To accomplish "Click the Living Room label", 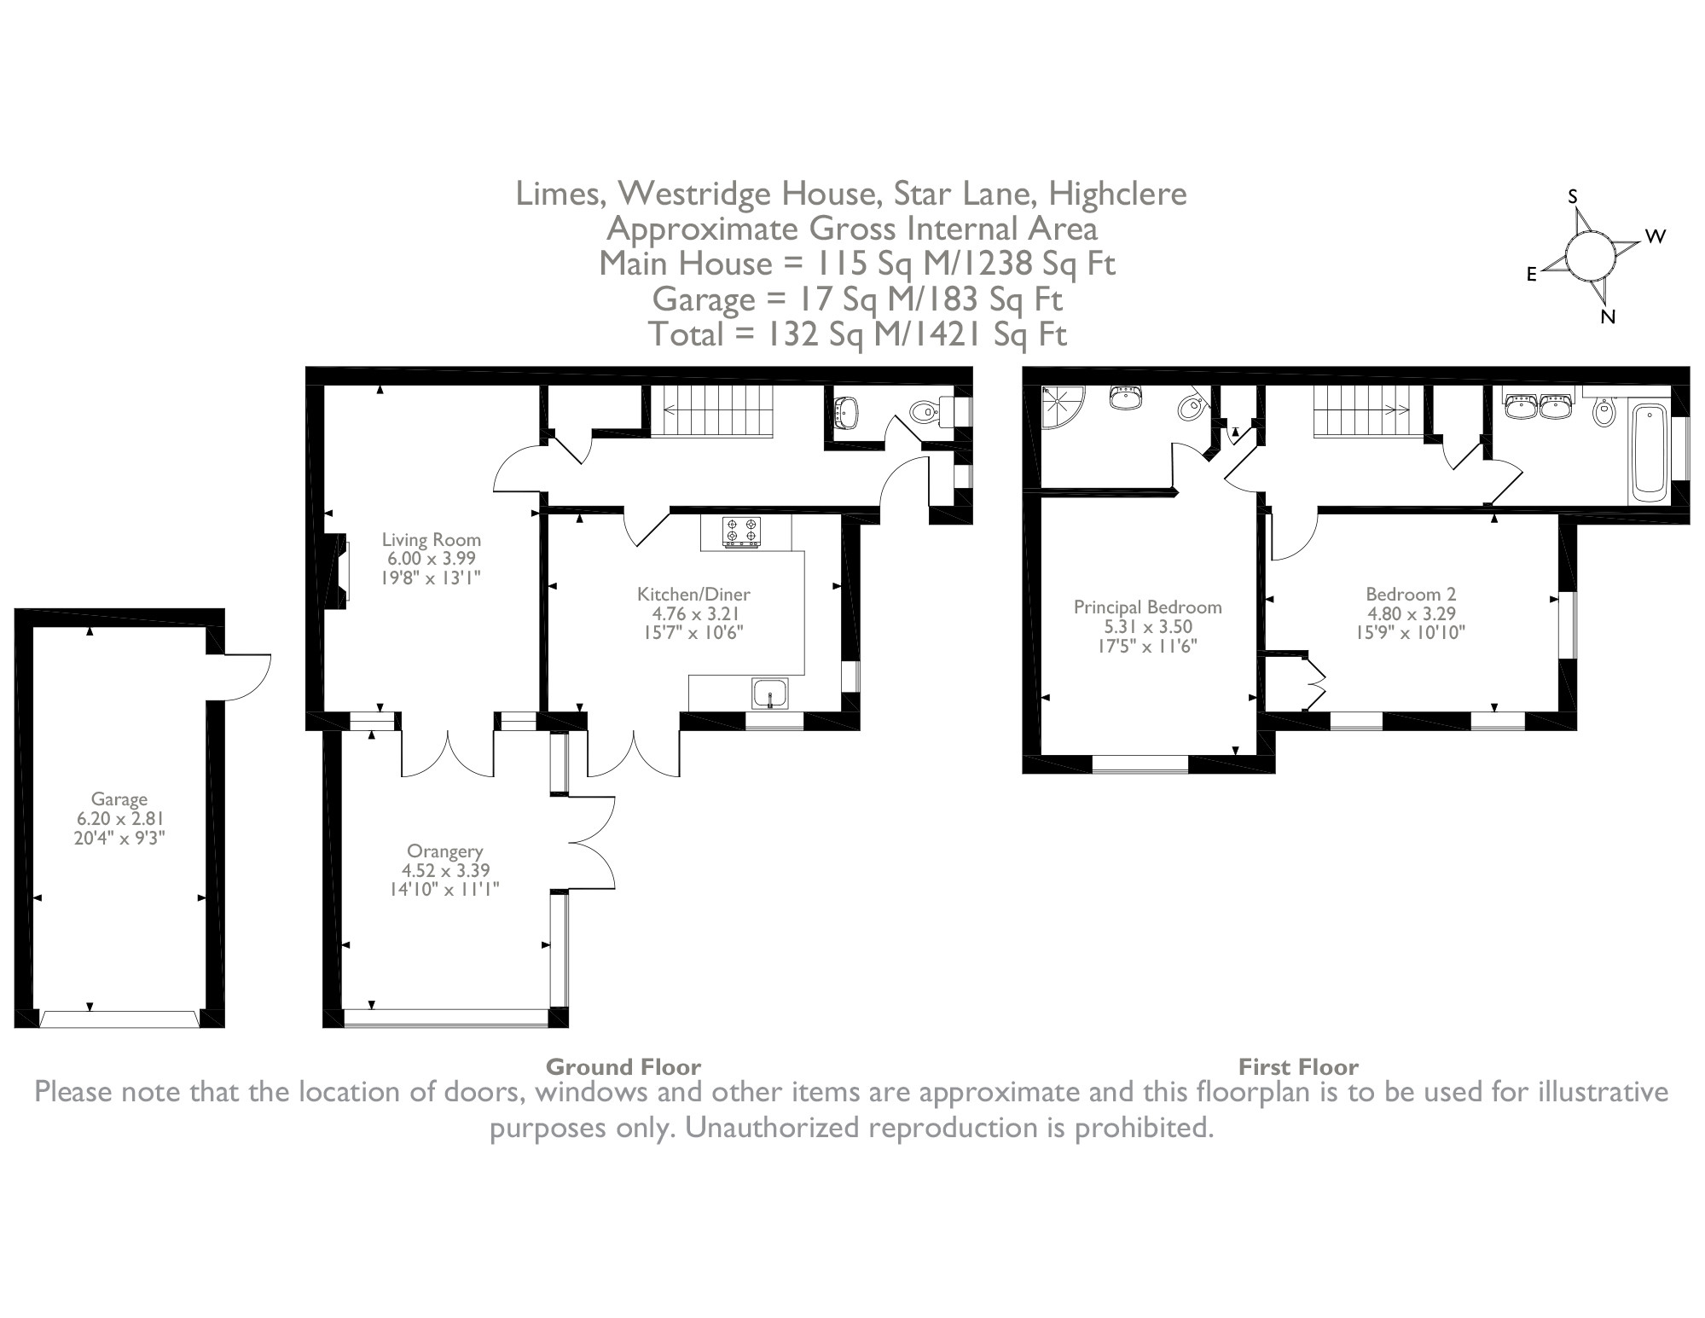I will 431,540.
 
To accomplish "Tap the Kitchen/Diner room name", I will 693,595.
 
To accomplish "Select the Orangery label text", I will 444,851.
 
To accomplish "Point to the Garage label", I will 119,799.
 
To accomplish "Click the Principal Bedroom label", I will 1147,607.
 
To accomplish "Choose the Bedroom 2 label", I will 1411,595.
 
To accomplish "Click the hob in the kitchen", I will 740,532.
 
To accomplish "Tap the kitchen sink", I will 770,693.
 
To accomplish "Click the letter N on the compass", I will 1608,317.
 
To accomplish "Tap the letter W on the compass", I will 1656,237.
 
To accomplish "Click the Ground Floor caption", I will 623,1067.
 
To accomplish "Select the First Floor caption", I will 1298,1067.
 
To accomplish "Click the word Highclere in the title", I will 1116,195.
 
